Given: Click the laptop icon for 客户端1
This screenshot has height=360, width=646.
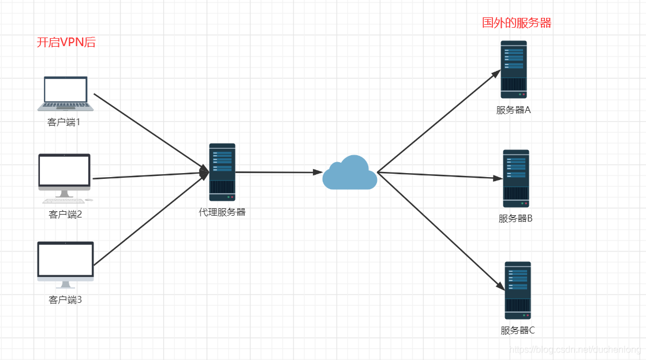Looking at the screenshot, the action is pos(65,93).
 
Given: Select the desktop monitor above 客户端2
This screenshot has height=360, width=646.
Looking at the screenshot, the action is pos(65,178).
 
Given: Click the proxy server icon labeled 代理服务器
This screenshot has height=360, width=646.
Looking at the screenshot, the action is pos(222,172).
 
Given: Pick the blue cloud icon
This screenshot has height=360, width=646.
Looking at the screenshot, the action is pos(350,172).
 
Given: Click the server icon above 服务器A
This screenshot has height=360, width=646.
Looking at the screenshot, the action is pos(514,69).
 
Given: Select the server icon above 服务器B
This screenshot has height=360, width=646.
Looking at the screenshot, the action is pos(516,178).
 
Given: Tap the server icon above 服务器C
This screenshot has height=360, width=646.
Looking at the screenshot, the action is pos(518,290).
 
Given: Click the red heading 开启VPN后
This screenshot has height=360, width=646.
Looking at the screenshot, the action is pos(66,42).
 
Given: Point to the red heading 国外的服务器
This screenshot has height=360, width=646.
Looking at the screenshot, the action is pos(517,22).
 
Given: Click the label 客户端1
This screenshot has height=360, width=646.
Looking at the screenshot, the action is pos(64,122).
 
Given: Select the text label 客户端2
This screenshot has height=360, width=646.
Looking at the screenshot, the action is pos(65,214).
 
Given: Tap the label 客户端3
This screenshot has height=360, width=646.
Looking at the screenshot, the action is pos(65,300).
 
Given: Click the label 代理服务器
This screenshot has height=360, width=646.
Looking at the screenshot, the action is pos(222,212).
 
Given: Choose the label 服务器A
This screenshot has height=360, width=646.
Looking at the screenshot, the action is pos(513,110).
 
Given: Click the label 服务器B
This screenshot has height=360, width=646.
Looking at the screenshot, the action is pos(516,218).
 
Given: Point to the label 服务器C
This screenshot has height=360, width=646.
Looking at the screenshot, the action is pos(517,331).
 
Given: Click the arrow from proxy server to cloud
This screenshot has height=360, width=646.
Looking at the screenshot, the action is pos(279,172).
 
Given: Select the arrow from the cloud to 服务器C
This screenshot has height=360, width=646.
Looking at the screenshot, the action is pos(441,231).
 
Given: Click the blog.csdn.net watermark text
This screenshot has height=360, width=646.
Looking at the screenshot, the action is pos(575,350).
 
